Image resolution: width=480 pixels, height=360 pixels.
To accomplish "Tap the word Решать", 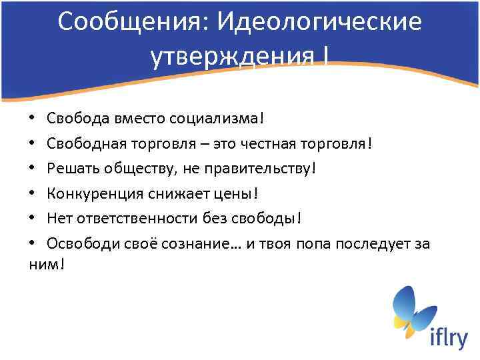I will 69,169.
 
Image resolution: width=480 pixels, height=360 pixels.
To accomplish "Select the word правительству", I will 259,169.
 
